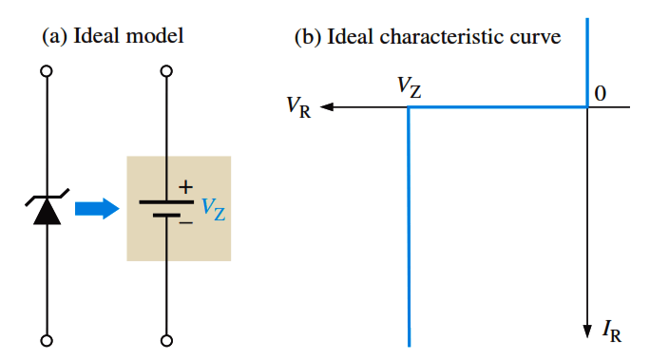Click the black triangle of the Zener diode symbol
pyautogui.click(x=47, y=211)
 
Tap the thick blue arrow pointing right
pyautogui.click(x=97, y=208)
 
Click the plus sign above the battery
pyautogui.click(x=185, y=187)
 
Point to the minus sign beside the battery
pyautogui.click(x=186, y=223)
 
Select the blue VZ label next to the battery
pyautogui.click(x=214, y=209)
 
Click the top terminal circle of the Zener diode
pyautogui.click(x=47, y=71)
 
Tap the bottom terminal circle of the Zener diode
pyautogui.click(x=47, y=341)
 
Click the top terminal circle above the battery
pyautogui.click(x=166, y=71)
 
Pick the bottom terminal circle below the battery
pyautogui.click(x=166, y=341)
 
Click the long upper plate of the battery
pyautogui.click(x=166, y=202)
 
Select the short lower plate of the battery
pyautogui.click(x=166, y=216)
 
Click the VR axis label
pyautogui.click(x=298, y=107)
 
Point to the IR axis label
pyautogui.click(x=612, y=331)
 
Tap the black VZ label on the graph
pyautogui.click(x=410, y=87)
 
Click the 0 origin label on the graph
pyautogui.click(x=601, y=94)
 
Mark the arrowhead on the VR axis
pyautogui.click(x=327, y=107)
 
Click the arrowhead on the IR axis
pyautogui.click(x=587, y=332)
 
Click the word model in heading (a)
pyautogui.click(x=155, y=36)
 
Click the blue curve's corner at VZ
pyautogui.click(x=409, y=107)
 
